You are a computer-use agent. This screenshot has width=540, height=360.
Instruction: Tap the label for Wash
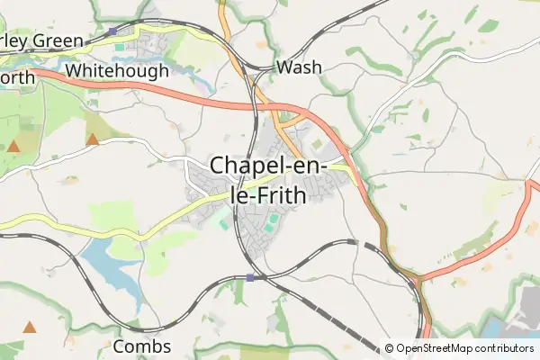coord(300,67)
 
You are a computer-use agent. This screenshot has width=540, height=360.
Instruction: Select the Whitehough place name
coord(117,70)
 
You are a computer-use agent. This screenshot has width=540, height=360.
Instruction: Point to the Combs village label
coord(142,346)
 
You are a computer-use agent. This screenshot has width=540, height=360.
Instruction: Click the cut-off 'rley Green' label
coord(42,40)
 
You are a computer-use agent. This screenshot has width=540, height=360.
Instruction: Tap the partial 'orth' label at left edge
coord(17,78)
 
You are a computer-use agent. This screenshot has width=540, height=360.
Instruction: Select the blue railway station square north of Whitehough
coord(112,31)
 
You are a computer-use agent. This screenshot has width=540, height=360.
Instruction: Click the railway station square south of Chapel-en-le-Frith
coord(249,277)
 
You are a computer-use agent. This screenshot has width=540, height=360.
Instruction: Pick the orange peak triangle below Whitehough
coord(93,139)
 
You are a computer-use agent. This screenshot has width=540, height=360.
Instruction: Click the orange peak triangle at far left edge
coord(13,145)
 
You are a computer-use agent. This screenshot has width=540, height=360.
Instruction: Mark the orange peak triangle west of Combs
coord(30,327)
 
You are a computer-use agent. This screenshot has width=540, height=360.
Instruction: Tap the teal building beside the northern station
coord(120,46)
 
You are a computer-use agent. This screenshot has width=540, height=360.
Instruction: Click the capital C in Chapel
coord(220,166)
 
